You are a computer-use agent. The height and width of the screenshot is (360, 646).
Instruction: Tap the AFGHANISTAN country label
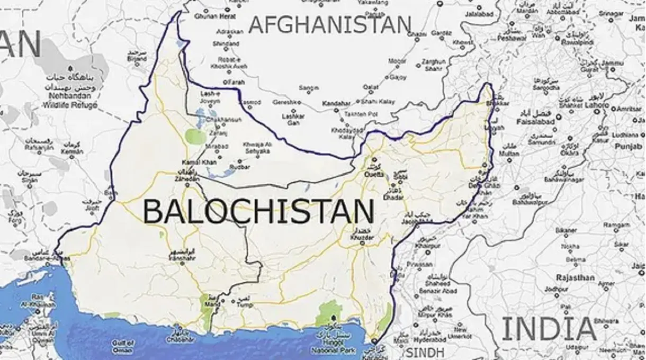pos(329,25)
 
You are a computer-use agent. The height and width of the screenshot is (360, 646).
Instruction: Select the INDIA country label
pos(549,328)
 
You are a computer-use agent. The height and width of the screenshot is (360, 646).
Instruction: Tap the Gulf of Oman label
pos(122,346)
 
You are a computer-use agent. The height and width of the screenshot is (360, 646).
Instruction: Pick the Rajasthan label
pos(575,277)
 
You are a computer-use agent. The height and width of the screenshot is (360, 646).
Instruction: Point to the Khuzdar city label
pos(362,238)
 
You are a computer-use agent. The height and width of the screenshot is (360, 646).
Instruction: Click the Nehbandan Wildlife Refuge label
pos(73,101)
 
